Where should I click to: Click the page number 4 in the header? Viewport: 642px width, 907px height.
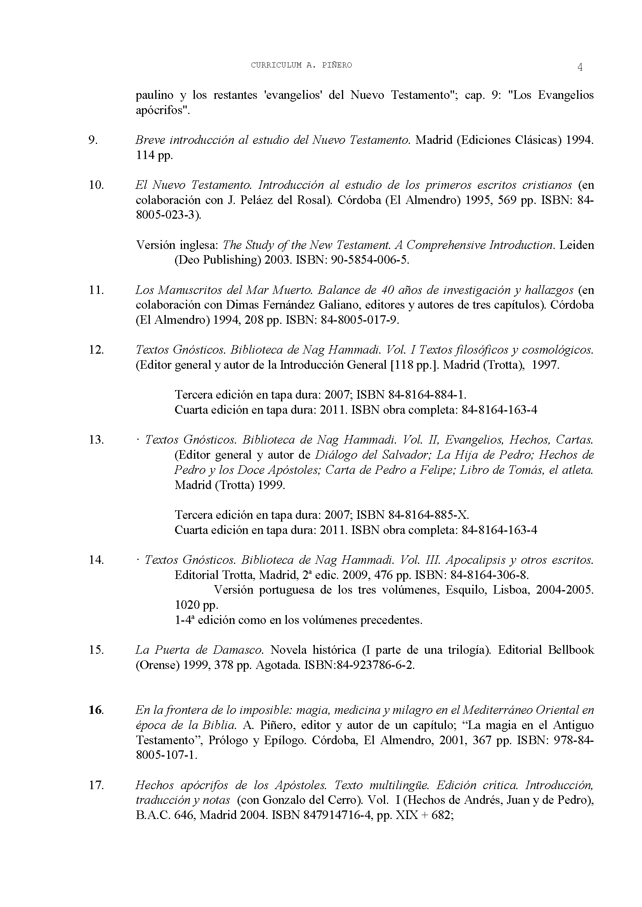(580, 67)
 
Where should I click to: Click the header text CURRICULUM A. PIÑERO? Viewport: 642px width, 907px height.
(301, 66)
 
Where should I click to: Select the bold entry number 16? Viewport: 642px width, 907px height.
(95, 710)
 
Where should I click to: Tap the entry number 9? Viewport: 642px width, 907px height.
(92, 140)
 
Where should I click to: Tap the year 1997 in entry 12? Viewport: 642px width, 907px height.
(545, 365)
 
